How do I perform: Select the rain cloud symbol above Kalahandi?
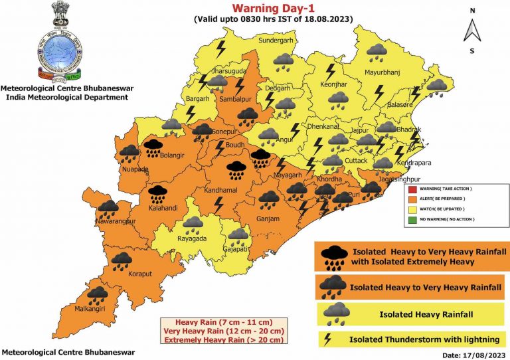pos(157,193)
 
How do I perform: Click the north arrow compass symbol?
pos(472,30)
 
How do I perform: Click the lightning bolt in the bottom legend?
pos(327,339)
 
